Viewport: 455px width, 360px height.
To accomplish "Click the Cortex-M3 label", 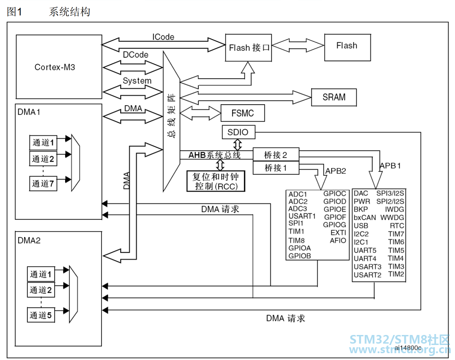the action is point(55,67).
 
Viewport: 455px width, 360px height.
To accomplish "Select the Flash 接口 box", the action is point(248,48).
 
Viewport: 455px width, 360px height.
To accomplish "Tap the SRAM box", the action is point(334,97).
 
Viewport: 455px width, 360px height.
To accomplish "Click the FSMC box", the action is point(243,113).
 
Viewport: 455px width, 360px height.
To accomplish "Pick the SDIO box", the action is point(238,132).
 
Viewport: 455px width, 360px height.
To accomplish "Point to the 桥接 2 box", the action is point(276,155).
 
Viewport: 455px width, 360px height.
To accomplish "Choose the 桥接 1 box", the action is point(276,168).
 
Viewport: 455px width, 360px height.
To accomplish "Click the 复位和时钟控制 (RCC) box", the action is point(216,181).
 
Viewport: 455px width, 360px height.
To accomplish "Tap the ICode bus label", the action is point(163,37).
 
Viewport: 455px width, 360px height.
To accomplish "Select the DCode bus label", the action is point(136,55).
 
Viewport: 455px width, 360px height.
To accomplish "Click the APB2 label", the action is point(335,171).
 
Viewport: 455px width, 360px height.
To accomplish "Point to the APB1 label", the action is point(390,166).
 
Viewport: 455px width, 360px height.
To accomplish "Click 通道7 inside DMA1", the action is point(43,183).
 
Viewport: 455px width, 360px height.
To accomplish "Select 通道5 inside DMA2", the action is point(40,315).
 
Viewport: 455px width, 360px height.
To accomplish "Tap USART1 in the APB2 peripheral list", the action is point(302,216).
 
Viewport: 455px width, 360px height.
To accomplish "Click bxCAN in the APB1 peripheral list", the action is point(365,218).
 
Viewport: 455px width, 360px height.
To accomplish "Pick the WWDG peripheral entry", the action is point(392,218).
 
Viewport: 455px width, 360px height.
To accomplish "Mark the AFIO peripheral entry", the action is point(338,240).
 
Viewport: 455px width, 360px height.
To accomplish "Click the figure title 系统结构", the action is point(69,12).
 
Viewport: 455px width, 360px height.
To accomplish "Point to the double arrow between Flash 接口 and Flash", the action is point(298,46).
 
